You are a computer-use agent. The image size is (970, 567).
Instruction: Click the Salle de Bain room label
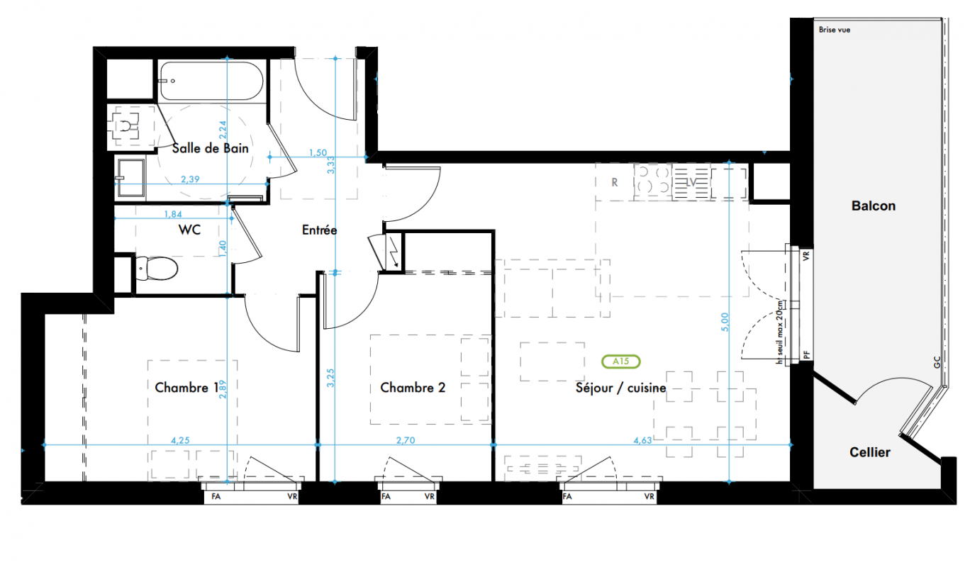pyautogui.click(x=211, y=148)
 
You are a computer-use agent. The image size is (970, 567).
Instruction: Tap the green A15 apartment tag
pyautogui.click(x=620, y=361)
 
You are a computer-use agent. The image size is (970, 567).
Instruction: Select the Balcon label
pyautogui.click(x=874, y=206)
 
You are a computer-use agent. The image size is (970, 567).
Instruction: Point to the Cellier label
pyautogui.click(x=870, y=452)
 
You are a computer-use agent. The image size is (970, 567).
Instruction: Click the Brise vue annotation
pyautogui.click(x=835, y=30)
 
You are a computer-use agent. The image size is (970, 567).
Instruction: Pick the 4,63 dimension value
pyautogui.click(x=642, y=440)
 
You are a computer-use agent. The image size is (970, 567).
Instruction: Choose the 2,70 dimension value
pyautogui.click(x=406, y=440)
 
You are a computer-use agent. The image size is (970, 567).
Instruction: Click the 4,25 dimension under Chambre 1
pyautogui.click(x=180, y=440)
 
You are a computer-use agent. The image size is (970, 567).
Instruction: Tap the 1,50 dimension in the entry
pyautogui.click(x=318, y=152)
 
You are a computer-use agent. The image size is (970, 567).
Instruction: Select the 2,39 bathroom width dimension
pyautogui.click(x=190, y=179)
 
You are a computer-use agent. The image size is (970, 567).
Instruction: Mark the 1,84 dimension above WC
pyautogui.click(x=173, y=214)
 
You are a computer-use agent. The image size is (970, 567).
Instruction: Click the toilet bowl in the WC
pyautogui.click(x=157, y=269)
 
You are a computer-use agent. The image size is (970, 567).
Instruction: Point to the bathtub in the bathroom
pyautogui.click(x=211, y=81)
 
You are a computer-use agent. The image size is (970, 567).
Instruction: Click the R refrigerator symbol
pyautogui.click(x=615, y=183)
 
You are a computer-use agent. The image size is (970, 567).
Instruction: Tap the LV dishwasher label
pyautogui.click(x=691, y=183)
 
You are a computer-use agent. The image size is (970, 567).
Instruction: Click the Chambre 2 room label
pyautogui.click(x=413, y=388)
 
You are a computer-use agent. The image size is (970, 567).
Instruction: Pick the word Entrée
pyautogui.click(x=320, y=230)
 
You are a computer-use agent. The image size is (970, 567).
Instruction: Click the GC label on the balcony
pyautogui.click(x=937, y=362)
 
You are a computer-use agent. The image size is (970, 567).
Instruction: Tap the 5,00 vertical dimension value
pyautogui.click(x=725, y=322)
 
